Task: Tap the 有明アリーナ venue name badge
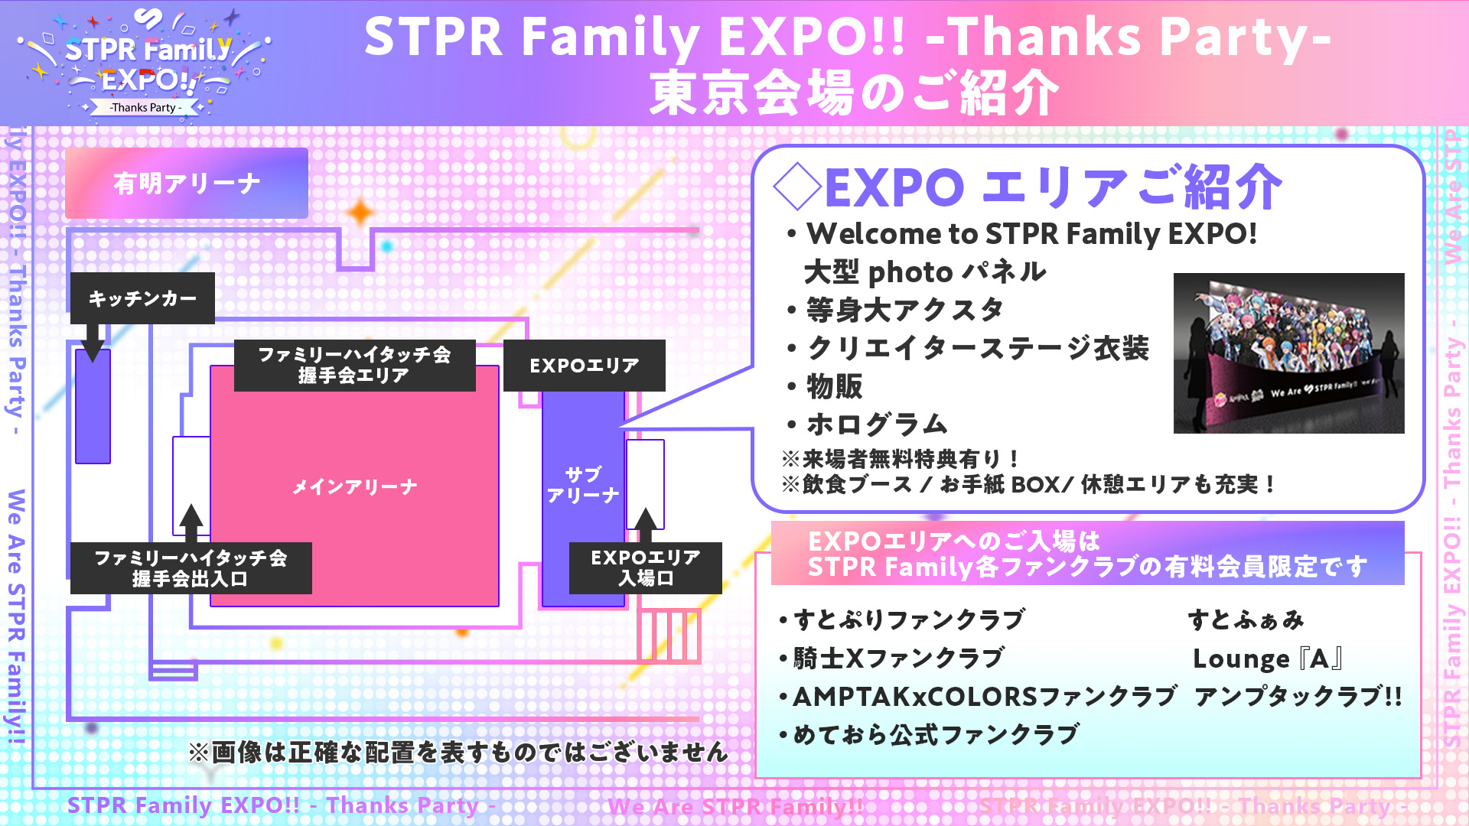pyautogui.click(x=187, y=184)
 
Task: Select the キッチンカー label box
pyautogui.click(x=142, y=298)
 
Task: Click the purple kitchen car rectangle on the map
pyautogui.click(x=93, y=406)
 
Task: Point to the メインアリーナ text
pyautogui.click(x=354, y=487)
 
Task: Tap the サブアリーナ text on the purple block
pyautogui.click(x=583, y=485)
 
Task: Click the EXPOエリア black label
pyautogui.click(x=585, y=366)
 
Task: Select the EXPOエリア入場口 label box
pyautogui.click(x=646, y=567)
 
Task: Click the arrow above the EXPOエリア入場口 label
pyautogui.click(x=646, y=525)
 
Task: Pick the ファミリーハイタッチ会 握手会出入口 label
pyautogui.click(x=191, y=568)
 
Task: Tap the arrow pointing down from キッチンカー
pyautogui.click(x=93, y=342)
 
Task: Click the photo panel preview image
pyautogui.click(x=1289, y=353)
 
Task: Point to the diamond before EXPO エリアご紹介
pyautogui.click(x=797, y=186)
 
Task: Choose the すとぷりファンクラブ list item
pyautogui.click(x=901, y=619)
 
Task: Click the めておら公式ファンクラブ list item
pyautogui.click(x=929, y=734)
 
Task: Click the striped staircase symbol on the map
pyautogui.click(x=669, y=636)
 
